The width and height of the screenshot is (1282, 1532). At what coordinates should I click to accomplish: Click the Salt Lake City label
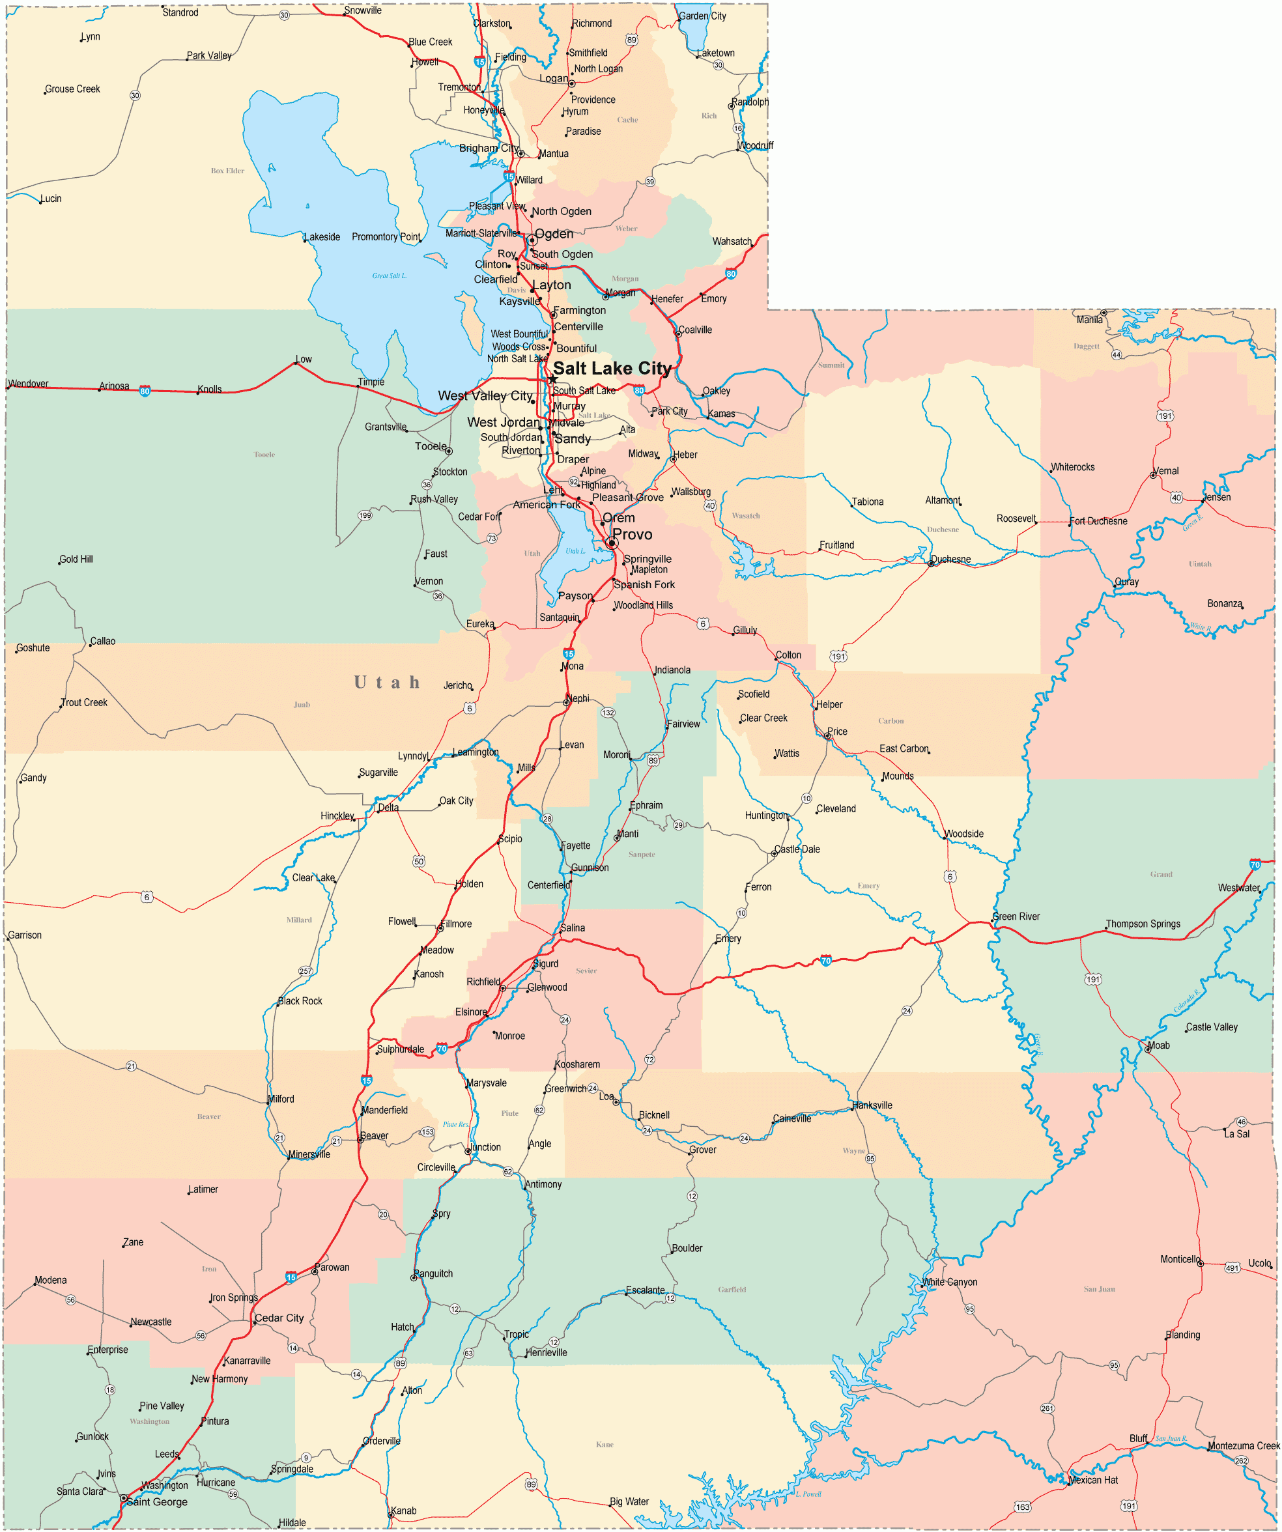click(x=612, y=369)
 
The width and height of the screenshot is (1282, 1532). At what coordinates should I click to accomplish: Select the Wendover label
click(x=29, y=384)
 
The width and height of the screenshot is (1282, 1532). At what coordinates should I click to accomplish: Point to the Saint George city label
click(x=157, y=1501)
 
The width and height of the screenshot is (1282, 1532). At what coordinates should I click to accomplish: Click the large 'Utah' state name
click(x=387, y=683)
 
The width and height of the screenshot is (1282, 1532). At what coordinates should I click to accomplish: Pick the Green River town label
click(x=1016, y=916)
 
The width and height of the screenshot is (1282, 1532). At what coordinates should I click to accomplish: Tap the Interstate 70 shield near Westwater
click(x=1255, y=864)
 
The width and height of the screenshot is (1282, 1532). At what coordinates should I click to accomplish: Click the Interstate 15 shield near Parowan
click(x=291, y=1277)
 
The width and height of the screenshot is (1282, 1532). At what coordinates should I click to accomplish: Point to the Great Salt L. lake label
click(x=389, y=276)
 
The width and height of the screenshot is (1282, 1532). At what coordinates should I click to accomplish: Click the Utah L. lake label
click(x=575, y=552)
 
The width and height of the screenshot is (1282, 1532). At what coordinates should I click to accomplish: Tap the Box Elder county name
click(x=227, y=171)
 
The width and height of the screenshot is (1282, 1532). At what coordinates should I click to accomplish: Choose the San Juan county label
click(x=1099, y=1289)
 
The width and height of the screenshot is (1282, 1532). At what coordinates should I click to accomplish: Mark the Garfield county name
click(x=731, y=1289)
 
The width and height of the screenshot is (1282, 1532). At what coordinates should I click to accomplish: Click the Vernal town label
click(x=1166, y=470)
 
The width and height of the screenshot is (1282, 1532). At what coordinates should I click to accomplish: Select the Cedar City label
click(x=279, y=1318)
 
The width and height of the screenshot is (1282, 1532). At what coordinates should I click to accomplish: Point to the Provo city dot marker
click(x=612, y=543)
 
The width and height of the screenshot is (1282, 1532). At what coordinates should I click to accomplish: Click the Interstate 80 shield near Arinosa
click(x=145, y=391)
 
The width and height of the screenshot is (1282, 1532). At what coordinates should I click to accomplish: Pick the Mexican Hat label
click(x=1093, y=1480)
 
